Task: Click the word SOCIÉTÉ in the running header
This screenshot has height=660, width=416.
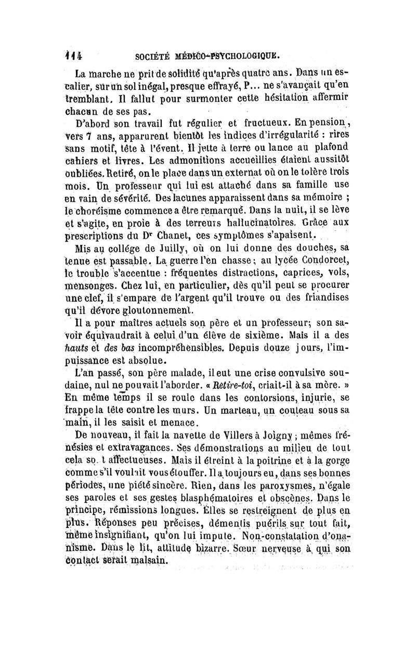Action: [x=153, y=54]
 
